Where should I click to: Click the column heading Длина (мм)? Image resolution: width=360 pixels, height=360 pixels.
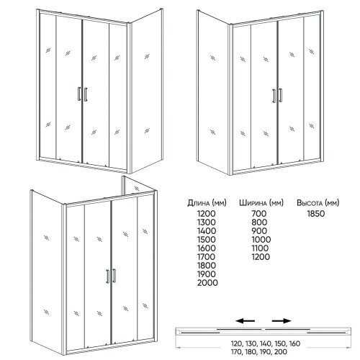coord(207,203)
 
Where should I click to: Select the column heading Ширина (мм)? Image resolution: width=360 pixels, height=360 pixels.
coord(261,203)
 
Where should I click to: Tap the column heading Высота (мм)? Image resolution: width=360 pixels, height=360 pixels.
coord(318,203)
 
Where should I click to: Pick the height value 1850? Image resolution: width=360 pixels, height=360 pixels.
coord(316,214)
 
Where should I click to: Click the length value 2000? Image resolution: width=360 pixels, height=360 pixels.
coord(207,283)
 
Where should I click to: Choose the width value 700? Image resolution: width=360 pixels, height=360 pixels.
coord(259,214)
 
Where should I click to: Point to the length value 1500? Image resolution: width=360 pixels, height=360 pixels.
coord(207,240)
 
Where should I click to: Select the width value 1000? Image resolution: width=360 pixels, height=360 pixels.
coord(261,240)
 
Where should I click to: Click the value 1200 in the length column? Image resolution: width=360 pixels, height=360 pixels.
coord(207,214)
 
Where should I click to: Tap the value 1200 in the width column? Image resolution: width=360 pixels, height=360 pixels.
coord(261,257)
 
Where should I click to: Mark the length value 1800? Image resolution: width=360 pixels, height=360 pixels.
coord(207,266)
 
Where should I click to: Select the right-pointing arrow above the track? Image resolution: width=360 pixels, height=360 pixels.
coord(282,320)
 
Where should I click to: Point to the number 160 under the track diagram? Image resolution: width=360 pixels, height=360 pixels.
coord(294,343)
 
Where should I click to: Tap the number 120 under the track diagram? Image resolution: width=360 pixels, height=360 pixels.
coord(237,343)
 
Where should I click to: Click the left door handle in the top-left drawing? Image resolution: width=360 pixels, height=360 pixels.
coord(79,94)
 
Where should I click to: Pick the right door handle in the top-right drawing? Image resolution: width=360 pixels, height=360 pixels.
coord(280,95)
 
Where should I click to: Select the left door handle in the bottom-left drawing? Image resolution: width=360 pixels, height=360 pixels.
coord(108,276)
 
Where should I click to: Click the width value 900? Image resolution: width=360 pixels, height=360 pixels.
coord(259,231)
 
